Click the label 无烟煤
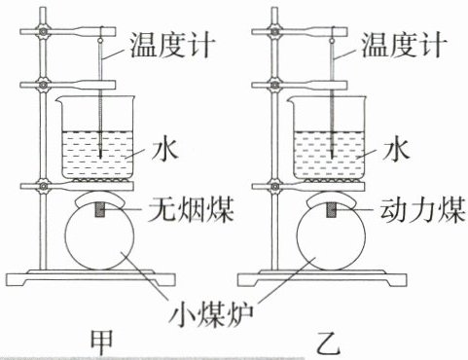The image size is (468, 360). pos(191,209)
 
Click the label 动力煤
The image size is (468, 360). pos(423,209)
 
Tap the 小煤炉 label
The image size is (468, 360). pos(211,313)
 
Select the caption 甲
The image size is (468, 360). pos(101,342)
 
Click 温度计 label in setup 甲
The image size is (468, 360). pos(173,46)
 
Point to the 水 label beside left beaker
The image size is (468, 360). pos(165,150)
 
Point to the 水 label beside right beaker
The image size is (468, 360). pos(396,150)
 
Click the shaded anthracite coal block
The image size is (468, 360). pos(100,209)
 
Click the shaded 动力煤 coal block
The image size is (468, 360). pos(332,209)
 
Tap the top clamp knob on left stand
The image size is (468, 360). pos(43,32)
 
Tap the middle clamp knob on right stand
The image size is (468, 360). pos(274,86)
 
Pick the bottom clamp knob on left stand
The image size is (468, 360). pos(43,186)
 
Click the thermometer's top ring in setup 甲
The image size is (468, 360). pos(100,41)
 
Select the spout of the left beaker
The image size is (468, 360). pos(59,100)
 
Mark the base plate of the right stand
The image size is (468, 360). pos(322,278)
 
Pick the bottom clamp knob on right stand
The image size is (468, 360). pos(274,186)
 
